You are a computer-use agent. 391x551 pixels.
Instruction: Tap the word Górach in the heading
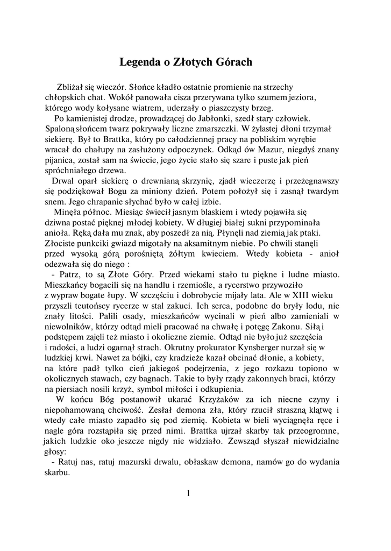click(x=232, y=62)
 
